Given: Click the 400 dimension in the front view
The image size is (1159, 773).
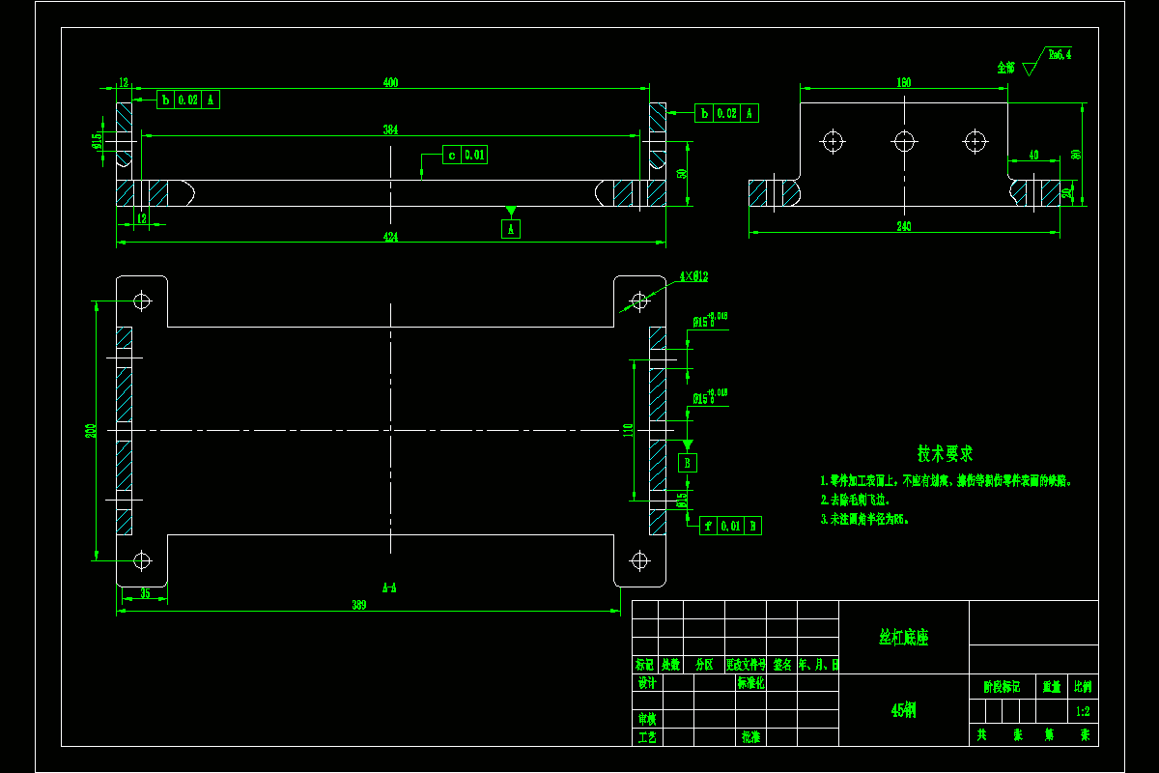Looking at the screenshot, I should click(390, 83).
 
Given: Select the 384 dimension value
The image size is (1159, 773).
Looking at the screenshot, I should click(390, 129).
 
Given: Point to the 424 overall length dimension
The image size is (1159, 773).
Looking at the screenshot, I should click(390, 237).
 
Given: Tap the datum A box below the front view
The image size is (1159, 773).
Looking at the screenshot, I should click(511, 229).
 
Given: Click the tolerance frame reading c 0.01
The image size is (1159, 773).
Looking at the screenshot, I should click(465, 155).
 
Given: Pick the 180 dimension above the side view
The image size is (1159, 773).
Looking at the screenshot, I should click(904, 83).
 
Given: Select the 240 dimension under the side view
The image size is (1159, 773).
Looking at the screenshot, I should click(904, 227).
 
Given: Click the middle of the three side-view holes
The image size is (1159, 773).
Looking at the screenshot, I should click(904, 141).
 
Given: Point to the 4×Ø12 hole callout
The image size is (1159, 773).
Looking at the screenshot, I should click(693, 277).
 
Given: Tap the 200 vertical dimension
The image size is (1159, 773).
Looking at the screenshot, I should click(90, 431).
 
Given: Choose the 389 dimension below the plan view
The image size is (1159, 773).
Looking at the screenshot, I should click(358, 605).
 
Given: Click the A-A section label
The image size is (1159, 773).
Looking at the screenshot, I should click(390, 587).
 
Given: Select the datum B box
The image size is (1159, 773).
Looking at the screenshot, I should click(688, 463).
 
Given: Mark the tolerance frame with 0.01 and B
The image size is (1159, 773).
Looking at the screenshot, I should click(731, 526).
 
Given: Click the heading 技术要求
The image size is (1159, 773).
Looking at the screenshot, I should click(945, 453).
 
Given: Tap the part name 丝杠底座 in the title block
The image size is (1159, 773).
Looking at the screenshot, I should click(903, 638).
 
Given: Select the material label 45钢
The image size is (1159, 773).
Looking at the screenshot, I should click(903, 710).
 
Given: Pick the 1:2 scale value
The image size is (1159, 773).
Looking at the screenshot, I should click(1083, 712).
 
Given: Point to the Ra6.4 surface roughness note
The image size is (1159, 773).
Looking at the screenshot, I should click(1060, 55).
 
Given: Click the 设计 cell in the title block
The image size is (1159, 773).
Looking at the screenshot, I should click(646, 683).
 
